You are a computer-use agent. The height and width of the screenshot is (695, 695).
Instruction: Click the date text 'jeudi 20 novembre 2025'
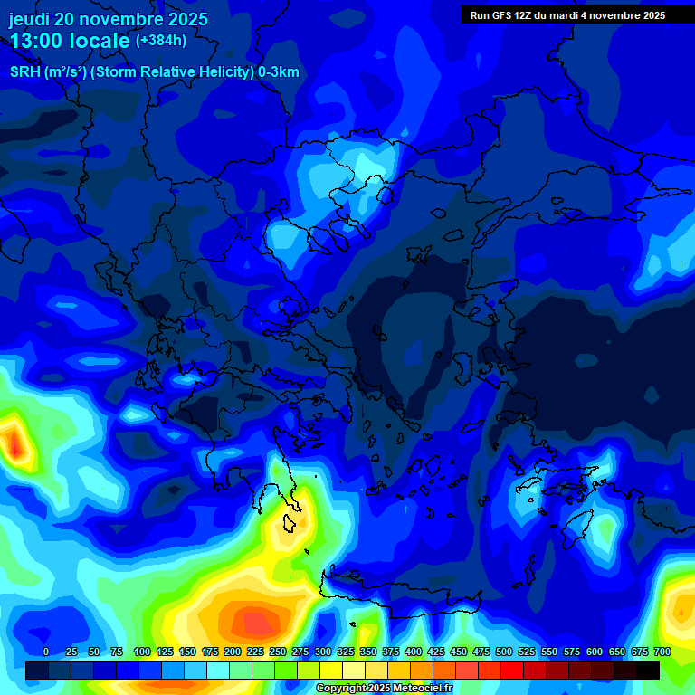point(108,19)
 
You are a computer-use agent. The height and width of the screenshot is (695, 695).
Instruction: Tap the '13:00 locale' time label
point(71,42)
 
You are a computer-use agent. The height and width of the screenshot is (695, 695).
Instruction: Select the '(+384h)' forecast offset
point(160,41)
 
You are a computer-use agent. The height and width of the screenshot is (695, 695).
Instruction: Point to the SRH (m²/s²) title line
point(154,72)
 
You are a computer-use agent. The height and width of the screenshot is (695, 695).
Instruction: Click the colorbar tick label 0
point(46,652)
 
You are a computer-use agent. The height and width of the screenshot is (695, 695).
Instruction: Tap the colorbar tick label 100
point(141,652)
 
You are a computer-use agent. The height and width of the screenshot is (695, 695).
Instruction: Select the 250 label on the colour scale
point(277,652)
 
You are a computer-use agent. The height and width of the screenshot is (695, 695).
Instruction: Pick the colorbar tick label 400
point(414,652)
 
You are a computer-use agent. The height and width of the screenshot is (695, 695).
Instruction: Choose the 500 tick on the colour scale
point(504,652)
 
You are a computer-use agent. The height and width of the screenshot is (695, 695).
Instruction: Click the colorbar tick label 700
point(662,652)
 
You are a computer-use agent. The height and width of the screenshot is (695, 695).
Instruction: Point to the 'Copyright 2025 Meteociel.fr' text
point(384,689)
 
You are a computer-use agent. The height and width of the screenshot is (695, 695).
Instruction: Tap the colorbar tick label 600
point(595,652)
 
